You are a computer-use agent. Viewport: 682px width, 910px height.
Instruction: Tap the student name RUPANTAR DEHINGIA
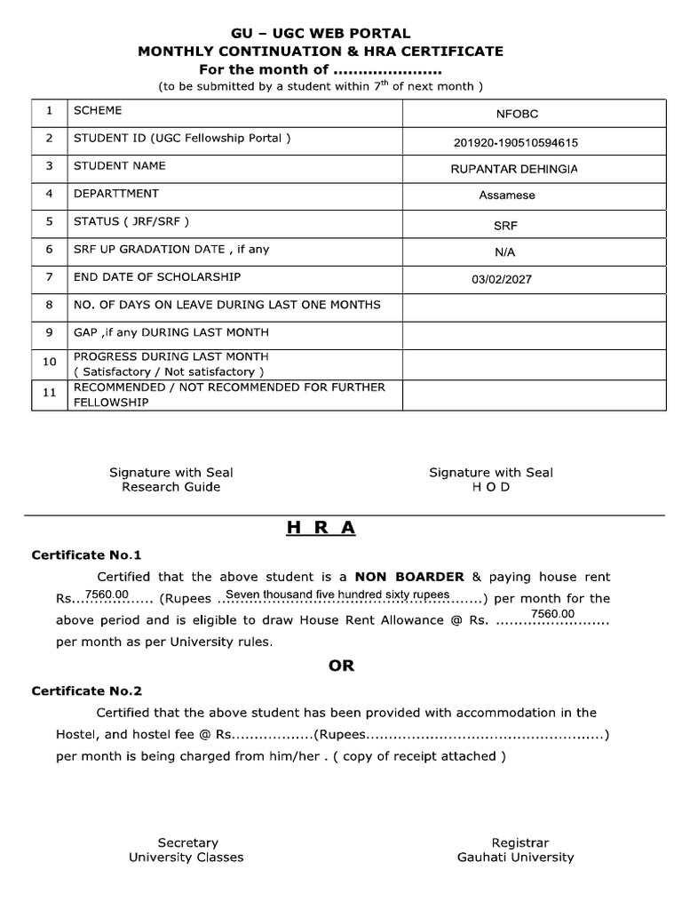(x=514, y=169)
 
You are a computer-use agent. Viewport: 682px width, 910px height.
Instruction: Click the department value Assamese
(x=507, y=196)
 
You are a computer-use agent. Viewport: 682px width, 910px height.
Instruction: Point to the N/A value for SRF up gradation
(x=505, y=251)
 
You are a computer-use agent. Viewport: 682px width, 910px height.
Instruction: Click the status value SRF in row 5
(x=505, y=226)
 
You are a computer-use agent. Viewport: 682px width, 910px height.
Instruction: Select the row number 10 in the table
(x=50, y=362)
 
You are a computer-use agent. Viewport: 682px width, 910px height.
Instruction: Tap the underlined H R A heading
(x=321, y=528)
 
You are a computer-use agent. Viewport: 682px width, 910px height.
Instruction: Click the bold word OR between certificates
(x=341, y=666)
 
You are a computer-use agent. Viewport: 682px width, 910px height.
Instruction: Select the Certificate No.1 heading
(x=87, y=555)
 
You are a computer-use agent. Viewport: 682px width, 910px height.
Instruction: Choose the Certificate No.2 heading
(x=87, y=690)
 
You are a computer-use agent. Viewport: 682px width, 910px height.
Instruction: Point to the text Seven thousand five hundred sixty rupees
(x=337, y=595)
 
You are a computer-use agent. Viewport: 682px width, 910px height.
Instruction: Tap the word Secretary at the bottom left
(x=187, y=842)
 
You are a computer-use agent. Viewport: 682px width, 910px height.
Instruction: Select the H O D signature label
(x=491, y=487)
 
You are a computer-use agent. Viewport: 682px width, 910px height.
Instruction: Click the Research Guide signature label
(x=171, y=487)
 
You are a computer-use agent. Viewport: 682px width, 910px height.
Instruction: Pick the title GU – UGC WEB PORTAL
(x=321, y=34)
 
